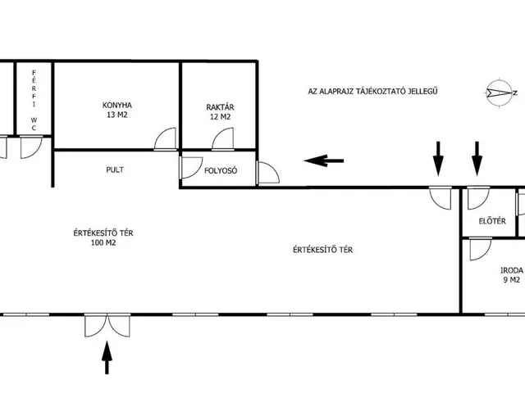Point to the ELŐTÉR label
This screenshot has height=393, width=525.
(x=491, y=222)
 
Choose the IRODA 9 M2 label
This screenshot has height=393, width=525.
(x=510, y=274)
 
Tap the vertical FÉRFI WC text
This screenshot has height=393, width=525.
(x=34, y=100)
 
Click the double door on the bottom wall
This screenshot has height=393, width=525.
(x=105, y=326)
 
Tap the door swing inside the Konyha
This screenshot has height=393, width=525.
(x=167, y=140)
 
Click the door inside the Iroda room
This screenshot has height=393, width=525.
(x=477, y=249)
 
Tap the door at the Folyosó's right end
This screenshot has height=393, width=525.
(x=267, y=172)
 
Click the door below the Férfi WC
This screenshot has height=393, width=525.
(x=31, y=147)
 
